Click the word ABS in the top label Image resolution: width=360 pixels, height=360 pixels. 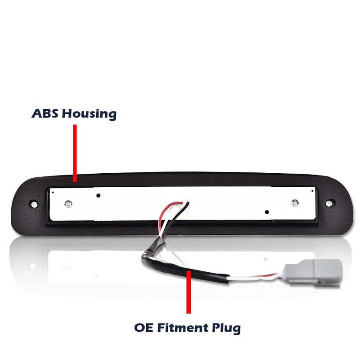tap(45, 113)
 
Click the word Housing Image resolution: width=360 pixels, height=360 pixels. tap(89, 113)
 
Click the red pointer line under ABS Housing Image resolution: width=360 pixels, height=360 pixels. tap(75, 153)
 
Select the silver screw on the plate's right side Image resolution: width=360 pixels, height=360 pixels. tap(295, 203)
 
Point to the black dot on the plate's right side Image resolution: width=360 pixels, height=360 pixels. tap(267, 212)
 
